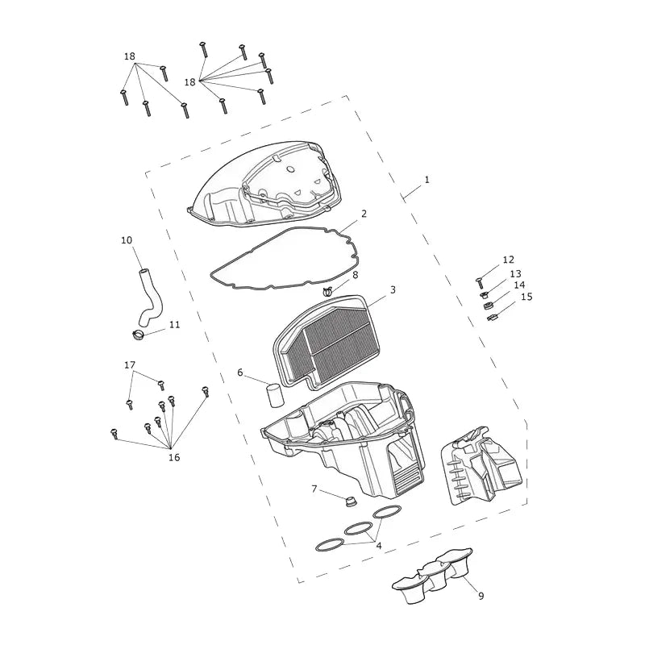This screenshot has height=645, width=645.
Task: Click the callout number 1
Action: click(427, 180)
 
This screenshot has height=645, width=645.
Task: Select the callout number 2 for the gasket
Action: click(364, 214)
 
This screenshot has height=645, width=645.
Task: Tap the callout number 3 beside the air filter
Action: click(393, 289)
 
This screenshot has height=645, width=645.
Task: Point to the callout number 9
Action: click(481, 595)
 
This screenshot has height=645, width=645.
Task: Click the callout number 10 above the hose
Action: click(127, 239)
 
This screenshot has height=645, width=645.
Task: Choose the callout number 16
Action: click(174, 457)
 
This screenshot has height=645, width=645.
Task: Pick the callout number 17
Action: click(130, 365)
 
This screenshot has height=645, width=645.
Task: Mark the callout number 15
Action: click(526, 296)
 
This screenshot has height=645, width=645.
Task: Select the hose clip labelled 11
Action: click(139, 335)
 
